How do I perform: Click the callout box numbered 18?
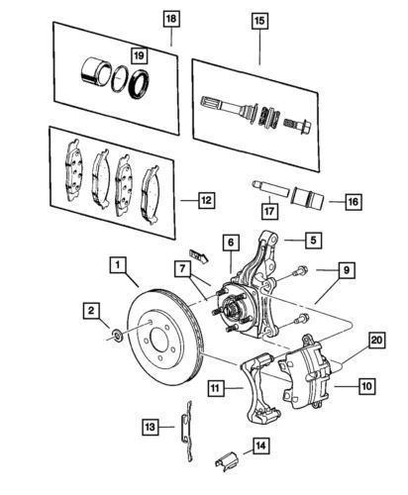pyautogui.click(x=170, y=20)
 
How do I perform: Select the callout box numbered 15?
pyautogui.click(x=261, y=20)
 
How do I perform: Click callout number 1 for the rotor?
pyautogui.click(x=117, y=264)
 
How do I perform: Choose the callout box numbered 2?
pyautogui.click(x=90, y=312)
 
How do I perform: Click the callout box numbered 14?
pyautogui.click(x=260, y=445)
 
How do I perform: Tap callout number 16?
pyautogui.click(x=352, y=202)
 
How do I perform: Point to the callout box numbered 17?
pyautogui.click(x=267, y=211)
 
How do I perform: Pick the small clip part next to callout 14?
pyautogui.click(x=227, y=459)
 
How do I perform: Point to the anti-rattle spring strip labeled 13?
pyautogui.click(x=185, y=423)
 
